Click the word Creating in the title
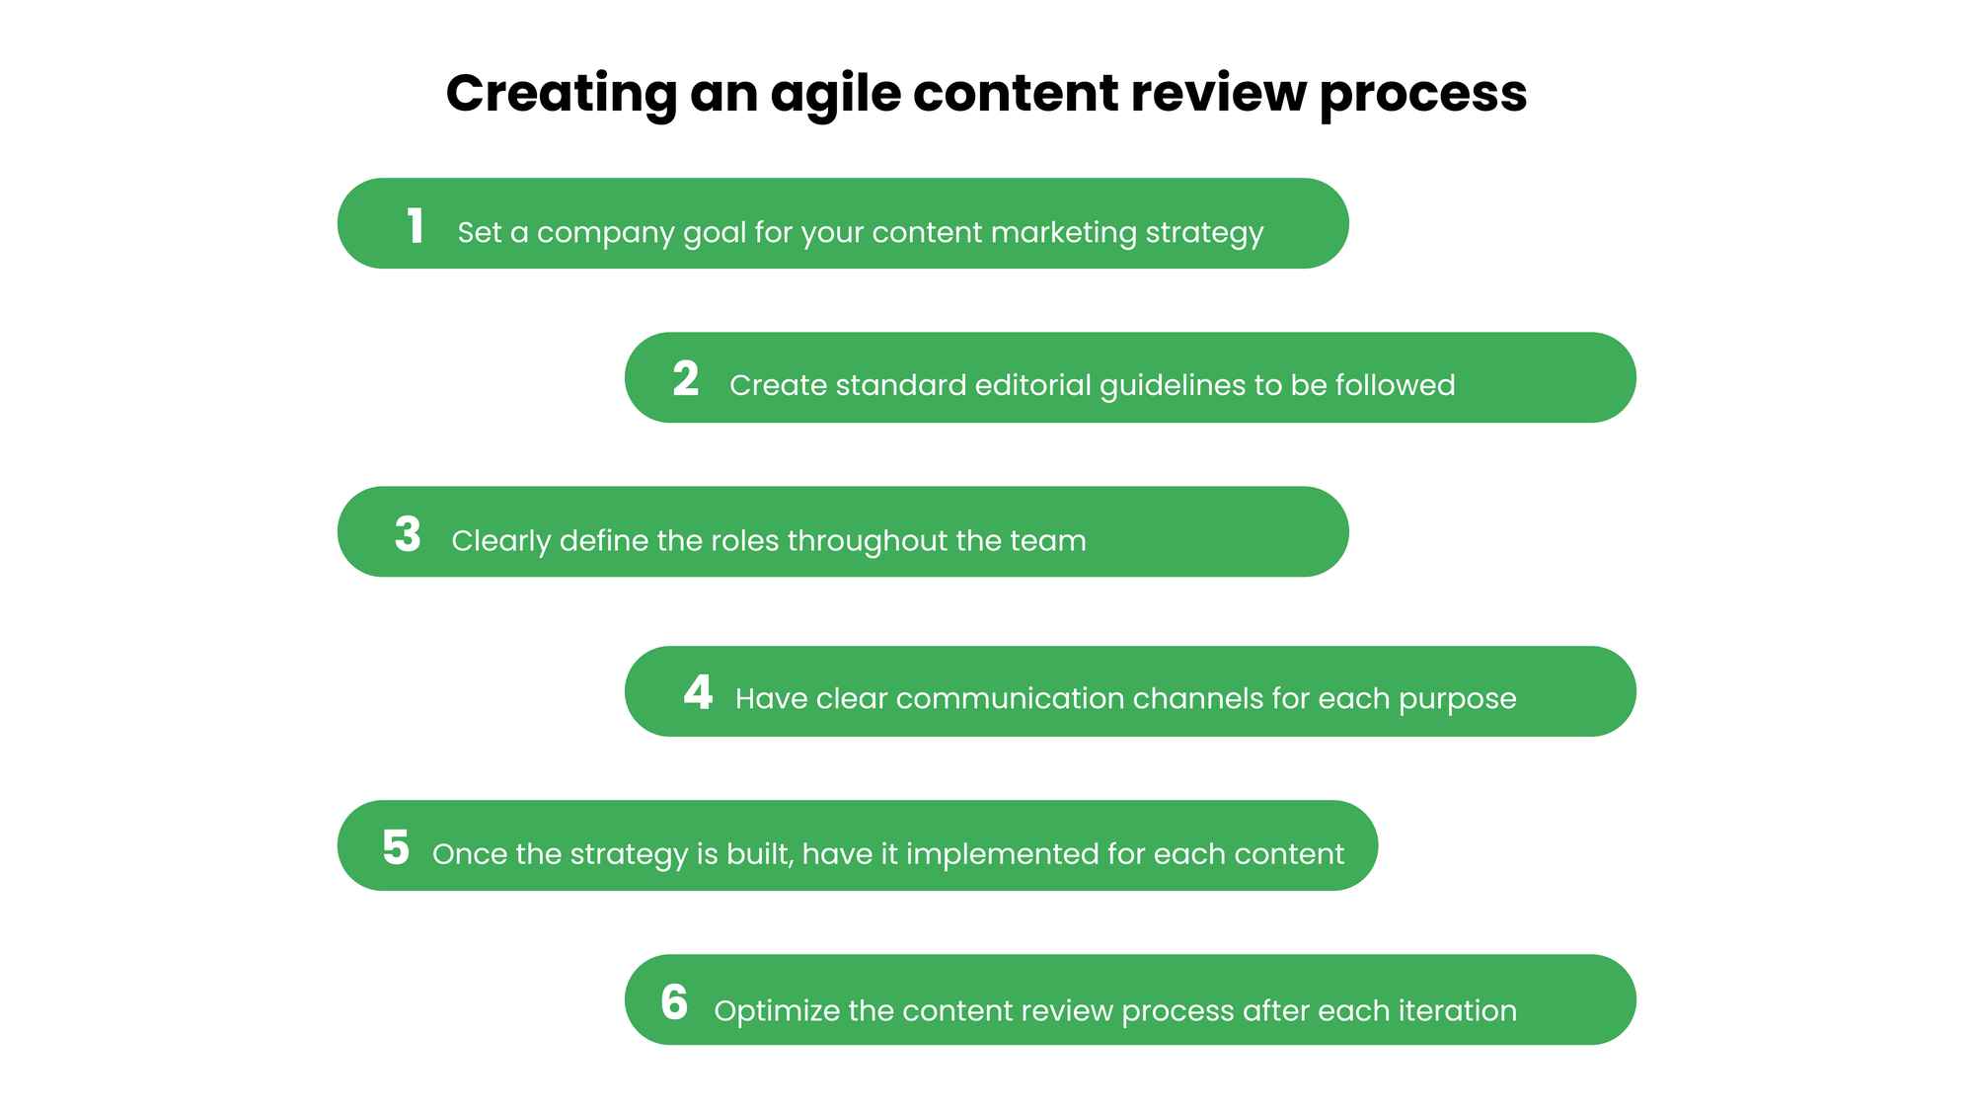click(561, 94)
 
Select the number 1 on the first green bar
click(416, 225)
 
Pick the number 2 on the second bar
click(686, 379)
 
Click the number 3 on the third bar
click(408, 534)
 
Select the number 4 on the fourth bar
click(698, 692)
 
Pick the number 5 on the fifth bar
click(396, 847)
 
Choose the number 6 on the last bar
click(674, 1002)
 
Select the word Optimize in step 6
click(777, 1012)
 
